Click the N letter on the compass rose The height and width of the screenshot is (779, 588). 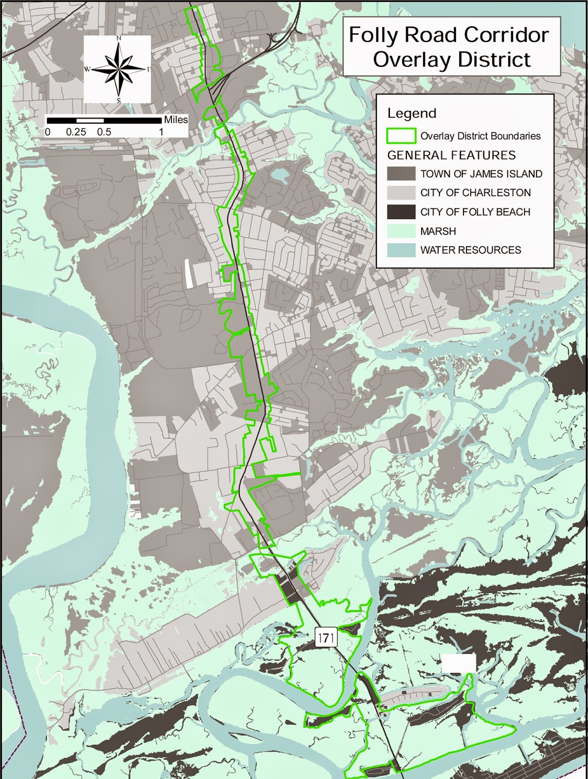pos(119,38)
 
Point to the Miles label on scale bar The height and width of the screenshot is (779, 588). pos(176,120)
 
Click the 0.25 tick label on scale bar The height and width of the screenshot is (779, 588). pos(76,132)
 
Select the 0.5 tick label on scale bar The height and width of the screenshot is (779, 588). pos(104,132)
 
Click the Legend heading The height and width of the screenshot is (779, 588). pos(412,113)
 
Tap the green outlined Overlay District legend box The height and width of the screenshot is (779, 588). pos(401,136)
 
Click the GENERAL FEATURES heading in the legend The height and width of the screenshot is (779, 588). pos(451,155)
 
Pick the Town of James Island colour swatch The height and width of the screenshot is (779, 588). pos(401,174)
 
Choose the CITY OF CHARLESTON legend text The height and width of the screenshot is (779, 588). pos(475,193)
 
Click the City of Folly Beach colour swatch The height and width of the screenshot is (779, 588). pos(401,212)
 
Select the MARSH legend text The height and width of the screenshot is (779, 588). pos(438,231)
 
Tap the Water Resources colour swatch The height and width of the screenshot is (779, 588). pos(401,250)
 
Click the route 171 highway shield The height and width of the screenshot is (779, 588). pos(326,637)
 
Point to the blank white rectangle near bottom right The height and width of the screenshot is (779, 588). pos(458,663)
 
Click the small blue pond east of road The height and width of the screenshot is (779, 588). pos(279,174)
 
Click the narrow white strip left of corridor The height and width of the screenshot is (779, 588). pos(188,274)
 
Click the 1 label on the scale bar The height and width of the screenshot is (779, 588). pos(161,132)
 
